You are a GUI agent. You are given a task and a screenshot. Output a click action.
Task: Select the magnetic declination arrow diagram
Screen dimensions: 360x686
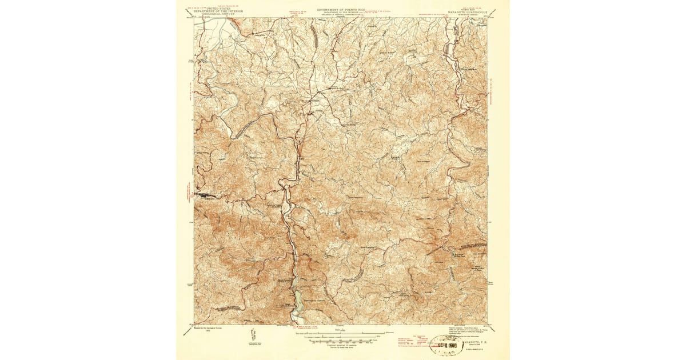[254, 335]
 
